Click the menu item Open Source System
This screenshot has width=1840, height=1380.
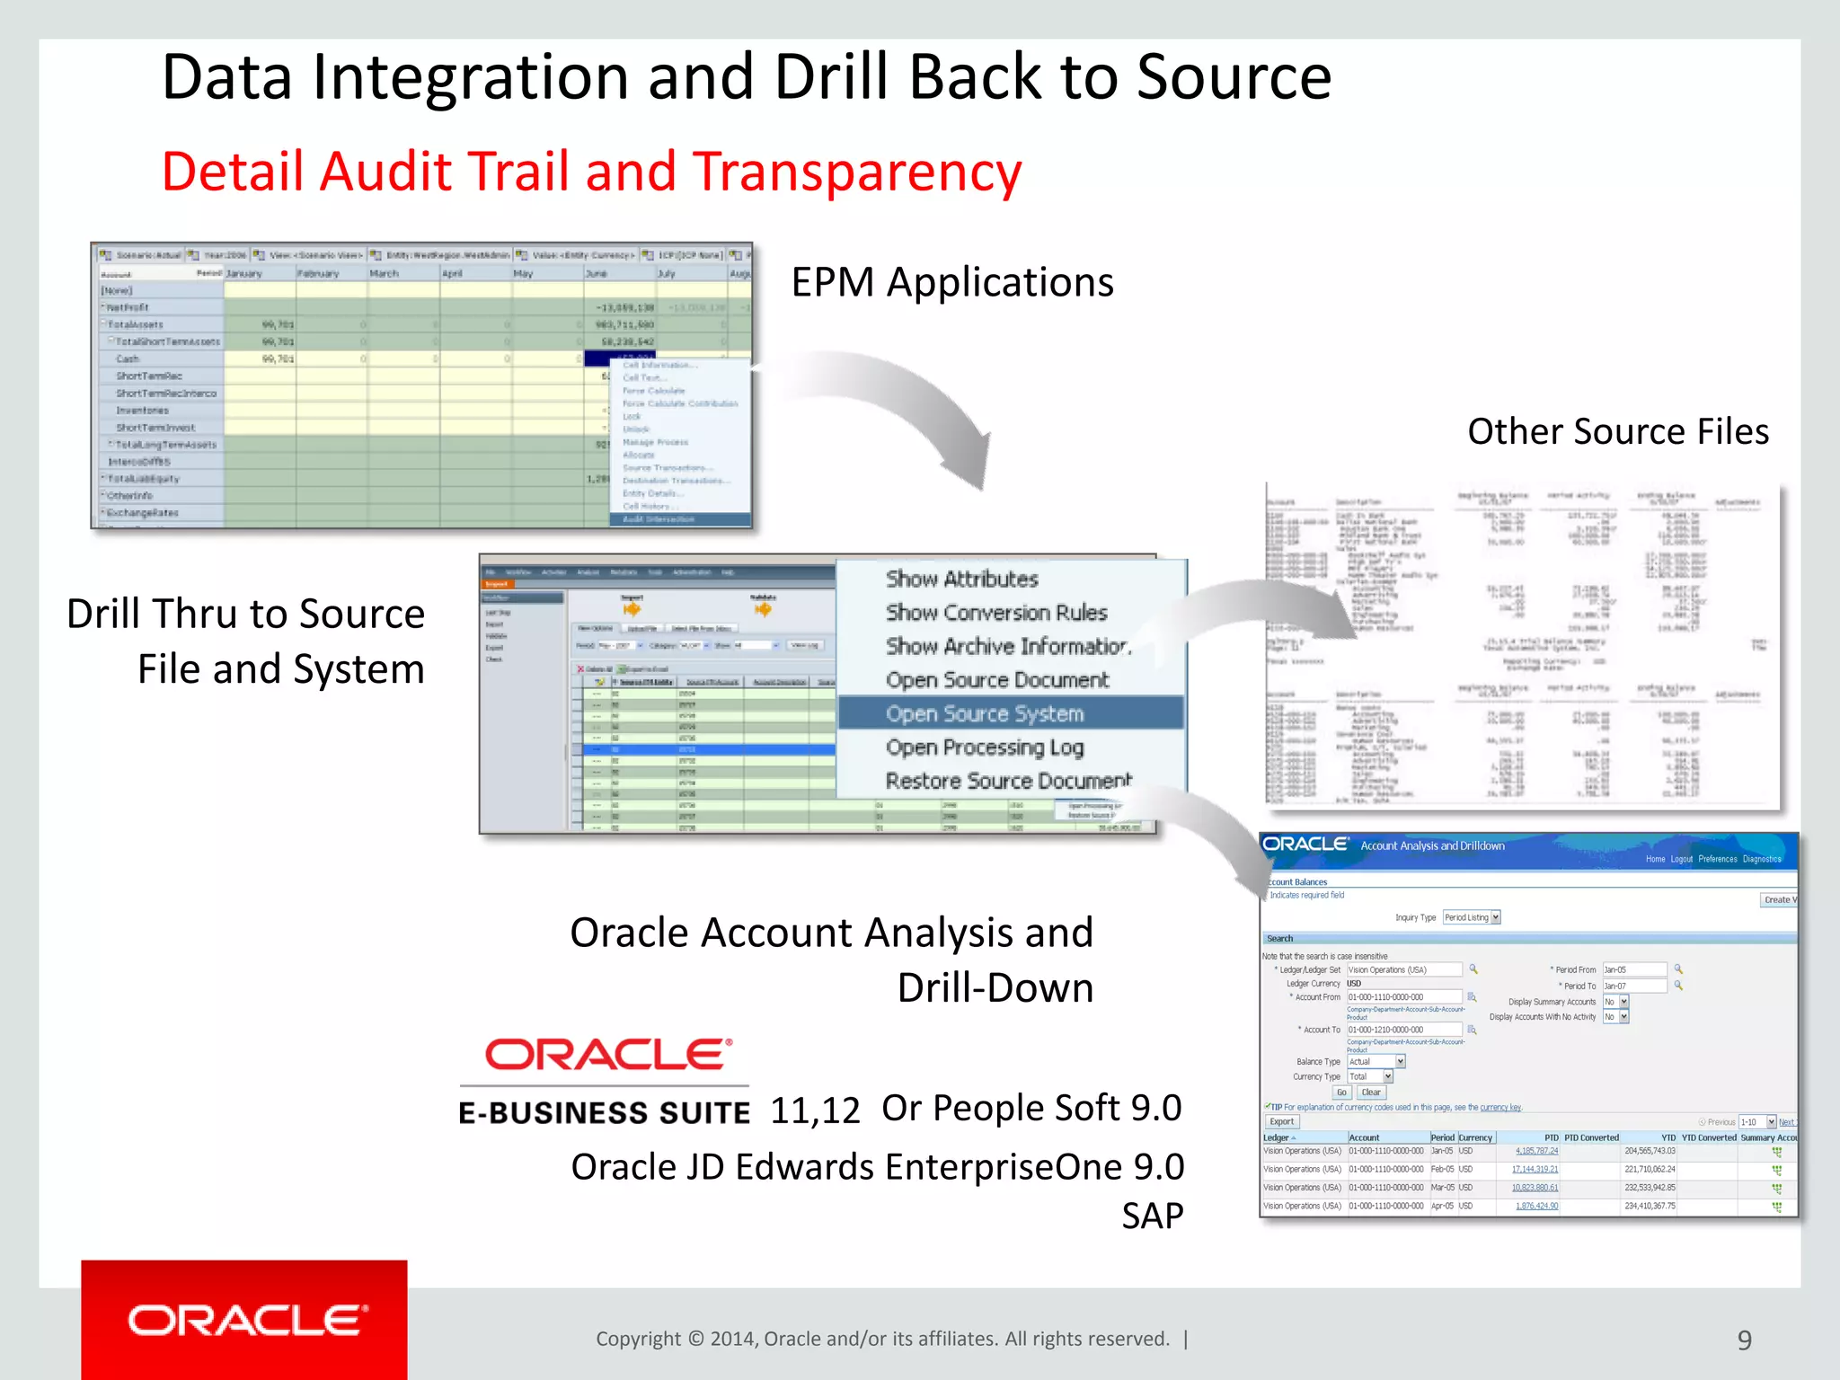(x=985, y=713)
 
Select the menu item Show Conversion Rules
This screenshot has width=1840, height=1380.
(x=996, y=613)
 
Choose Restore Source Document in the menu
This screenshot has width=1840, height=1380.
(x=1008, y=781)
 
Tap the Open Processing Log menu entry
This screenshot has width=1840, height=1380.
(x=985, y=747)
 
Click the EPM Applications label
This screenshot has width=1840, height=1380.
(x=951, y=282)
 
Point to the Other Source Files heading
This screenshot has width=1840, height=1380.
(x=1617, y=431)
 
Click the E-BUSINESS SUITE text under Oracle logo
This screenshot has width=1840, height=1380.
(x=604, y=1113)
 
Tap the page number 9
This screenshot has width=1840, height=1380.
(x=1744, y=1340)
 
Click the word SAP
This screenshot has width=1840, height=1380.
(x=1152, y=1216)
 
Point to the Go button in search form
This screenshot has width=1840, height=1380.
(x=1341, y=1092)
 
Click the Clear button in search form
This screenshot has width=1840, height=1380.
(x=1371, y=1092)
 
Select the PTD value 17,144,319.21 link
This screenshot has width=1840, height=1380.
(x=1535, y=1170)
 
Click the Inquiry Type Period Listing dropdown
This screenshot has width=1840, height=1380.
(x=1472, y=917)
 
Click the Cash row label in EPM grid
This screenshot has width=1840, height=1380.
(x=128, y=358)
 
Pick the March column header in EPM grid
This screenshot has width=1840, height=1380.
(x=384, y=273)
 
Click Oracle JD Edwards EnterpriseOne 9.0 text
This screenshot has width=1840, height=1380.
(x=877, y=1167)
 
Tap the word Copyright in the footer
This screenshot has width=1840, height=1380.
(x=638, y=1339)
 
